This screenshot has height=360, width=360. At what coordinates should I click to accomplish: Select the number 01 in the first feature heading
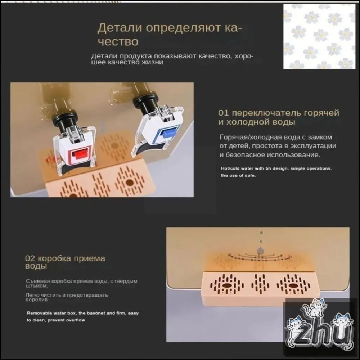(x=223, y=113)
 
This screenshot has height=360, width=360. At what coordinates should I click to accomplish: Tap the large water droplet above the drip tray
(x=261, y=250)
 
